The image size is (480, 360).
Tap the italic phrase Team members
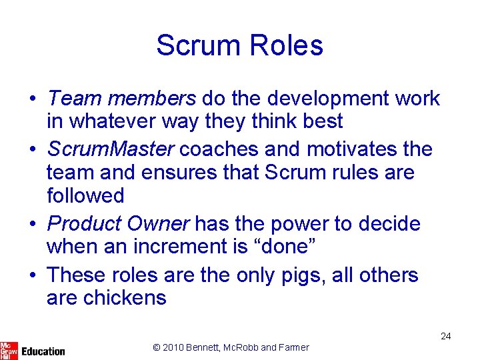[121, 99]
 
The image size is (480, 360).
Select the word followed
[85, 196]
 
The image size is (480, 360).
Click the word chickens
[125, 297]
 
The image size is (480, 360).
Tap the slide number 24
[445, 336]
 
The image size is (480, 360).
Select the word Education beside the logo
[43, 351]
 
